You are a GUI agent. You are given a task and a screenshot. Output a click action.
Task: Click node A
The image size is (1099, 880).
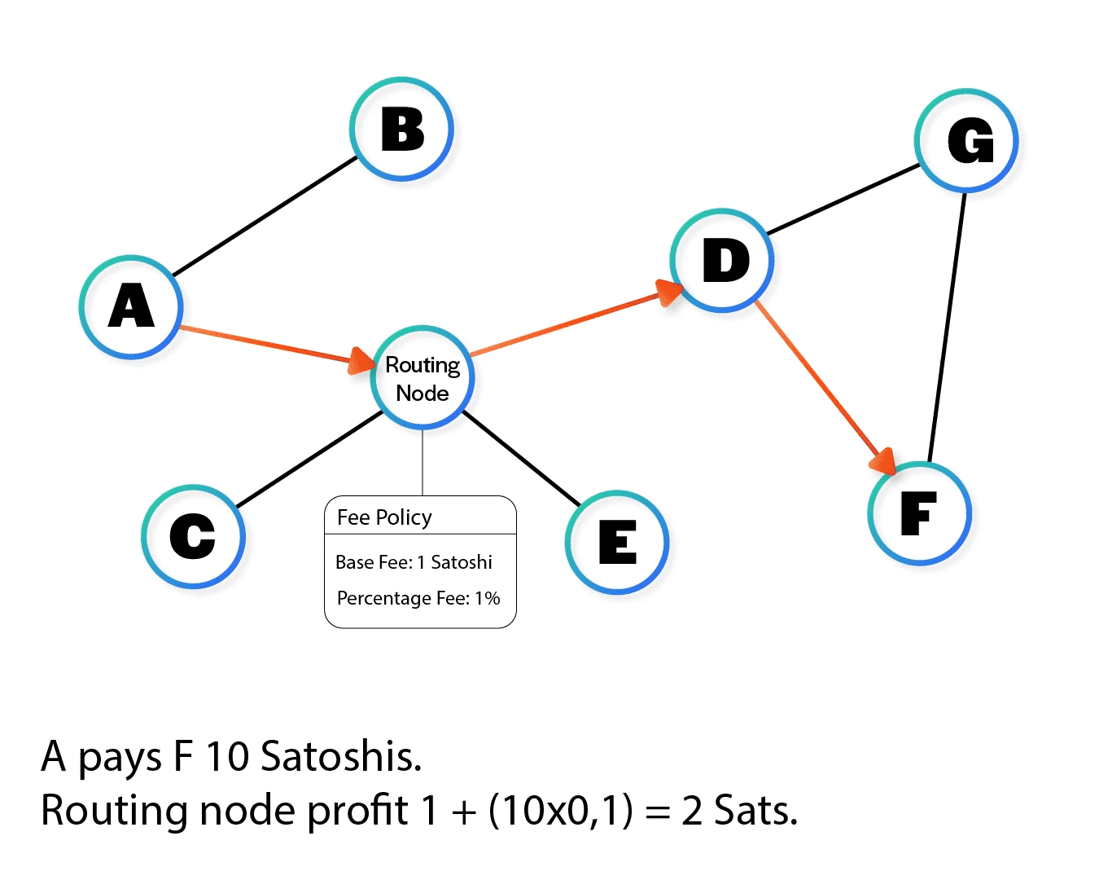pyautogui.click(x=131, y=307)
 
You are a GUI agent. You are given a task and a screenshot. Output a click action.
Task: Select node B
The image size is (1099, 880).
pyautogui.click(x=402, y=130)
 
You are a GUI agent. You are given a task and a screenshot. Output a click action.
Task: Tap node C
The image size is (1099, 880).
pyautogui.click(x=193, y=536)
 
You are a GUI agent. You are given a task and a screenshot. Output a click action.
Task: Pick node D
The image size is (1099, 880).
pyautogui.click(x=722, y=261)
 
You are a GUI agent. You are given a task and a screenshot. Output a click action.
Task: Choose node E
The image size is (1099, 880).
pyautogui.click(x=617, y=542)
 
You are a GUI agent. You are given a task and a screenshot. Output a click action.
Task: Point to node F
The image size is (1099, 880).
pyautogui.click(x=920, y=513)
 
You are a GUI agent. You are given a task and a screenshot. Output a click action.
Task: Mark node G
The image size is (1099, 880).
pyautogui.click(x=967, y=141)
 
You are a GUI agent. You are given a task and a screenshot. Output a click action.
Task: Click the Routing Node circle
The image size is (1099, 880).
pyautogui.click(x=423, y=378)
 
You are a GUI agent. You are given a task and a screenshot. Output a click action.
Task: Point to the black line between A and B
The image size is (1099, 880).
pyautogui.click(x=265, y=216)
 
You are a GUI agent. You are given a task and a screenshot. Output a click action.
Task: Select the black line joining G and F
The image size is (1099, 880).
pyautogui.click(x=947, y=326)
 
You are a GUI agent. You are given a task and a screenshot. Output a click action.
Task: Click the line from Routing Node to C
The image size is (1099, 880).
pyautogui.click(x=309, y=459)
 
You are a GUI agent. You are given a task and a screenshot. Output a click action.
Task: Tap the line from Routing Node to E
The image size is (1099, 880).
pyautogui.click(x=521, y=458)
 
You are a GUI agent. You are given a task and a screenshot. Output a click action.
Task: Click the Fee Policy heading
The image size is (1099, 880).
pyautogui.click(x=384, y=517)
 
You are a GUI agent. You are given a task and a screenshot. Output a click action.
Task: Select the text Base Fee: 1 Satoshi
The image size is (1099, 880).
pyautogui.click(x=414, y=562)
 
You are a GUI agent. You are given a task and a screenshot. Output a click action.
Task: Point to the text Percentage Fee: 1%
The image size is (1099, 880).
pyautogui.click(x=418, y=598)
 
